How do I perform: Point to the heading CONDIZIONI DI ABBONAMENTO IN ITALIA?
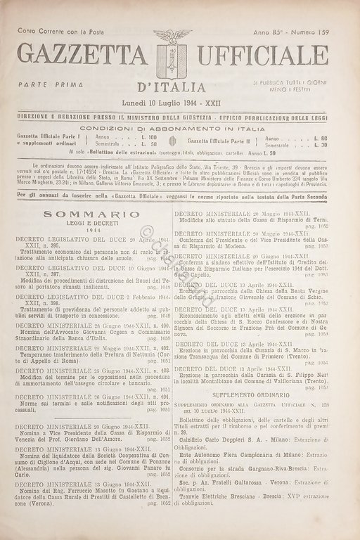pos(179,129)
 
